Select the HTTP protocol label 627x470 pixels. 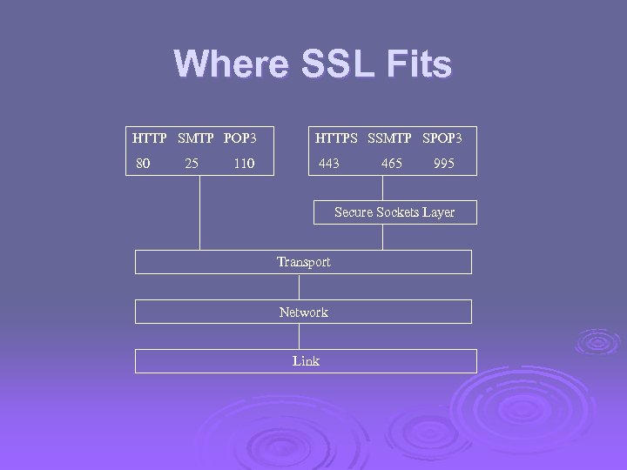pos(150,138)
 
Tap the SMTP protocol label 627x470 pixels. pos(197,138)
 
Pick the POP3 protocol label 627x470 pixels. pos(240,138)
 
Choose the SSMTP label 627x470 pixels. pos(390,138)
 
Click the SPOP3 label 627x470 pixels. pos(442,138)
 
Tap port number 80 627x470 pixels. pos(143,163)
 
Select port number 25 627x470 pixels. pos(192,163)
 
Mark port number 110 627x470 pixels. pos(244,163)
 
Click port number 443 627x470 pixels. pos(329,163)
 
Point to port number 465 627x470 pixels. pos(392,163)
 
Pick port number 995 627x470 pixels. pos(443,163)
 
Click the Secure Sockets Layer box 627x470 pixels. pos(394,212)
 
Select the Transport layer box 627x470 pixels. pos(303,262)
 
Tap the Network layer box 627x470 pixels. pos(303,312)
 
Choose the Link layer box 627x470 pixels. pos(306,361)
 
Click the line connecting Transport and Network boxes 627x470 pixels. pos(300,286)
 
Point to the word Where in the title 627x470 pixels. pos(230,65)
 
